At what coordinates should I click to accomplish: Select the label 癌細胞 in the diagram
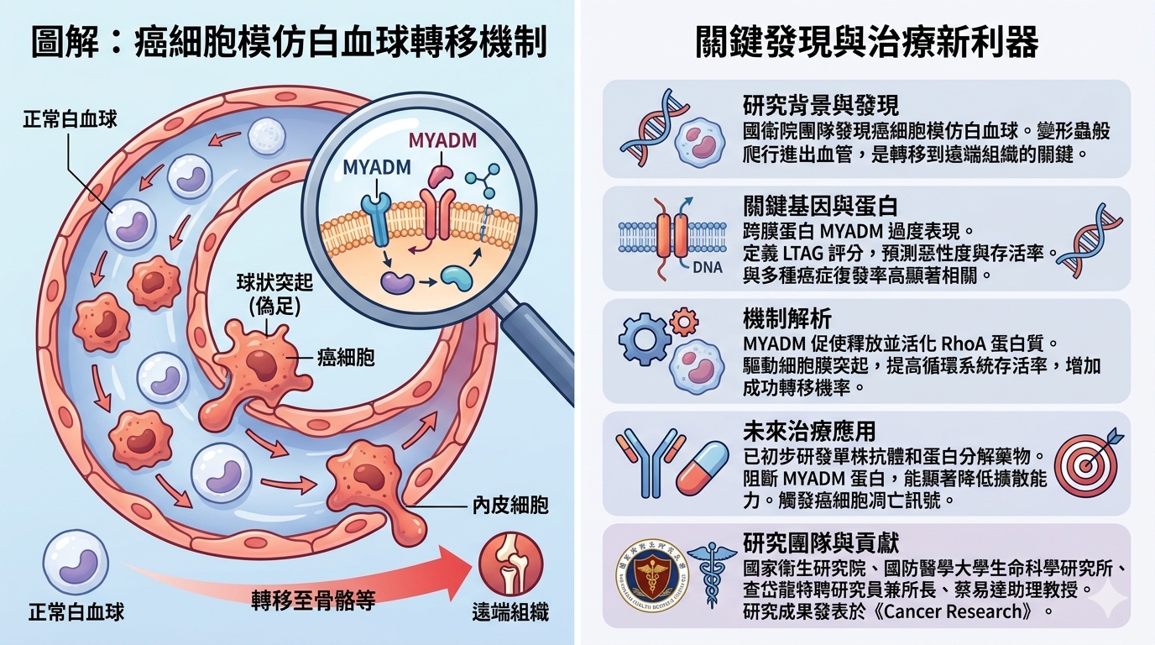pyautogui.click(x=346, y=358)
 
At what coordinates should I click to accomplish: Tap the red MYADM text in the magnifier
pyautogui.click(x=442, y=139)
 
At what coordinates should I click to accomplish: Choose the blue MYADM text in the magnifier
pyautogui.click(x=377, y=166)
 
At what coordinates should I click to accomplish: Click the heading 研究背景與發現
pyautogui.click(x=820, y=105)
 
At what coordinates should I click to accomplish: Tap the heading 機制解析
pyautogui.click(x=787, y=319)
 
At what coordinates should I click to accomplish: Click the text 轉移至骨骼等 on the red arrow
pyautogui.click(x=313, y=599)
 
